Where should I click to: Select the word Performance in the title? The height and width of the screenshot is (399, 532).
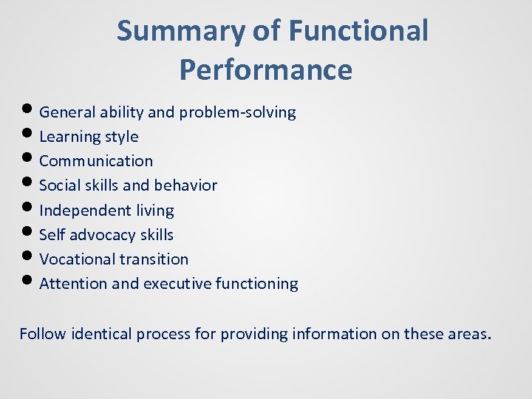(x=265, y=69)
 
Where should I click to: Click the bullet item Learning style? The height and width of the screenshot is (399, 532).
(x=89, y=137)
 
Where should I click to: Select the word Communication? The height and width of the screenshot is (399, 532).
(x=96, y=161)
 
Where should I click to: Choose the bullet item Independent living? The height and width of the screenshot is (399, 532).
(x=106, y=211)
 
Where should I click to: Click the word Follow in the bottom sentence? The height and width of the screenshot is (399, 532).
(x=42, y=334)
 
